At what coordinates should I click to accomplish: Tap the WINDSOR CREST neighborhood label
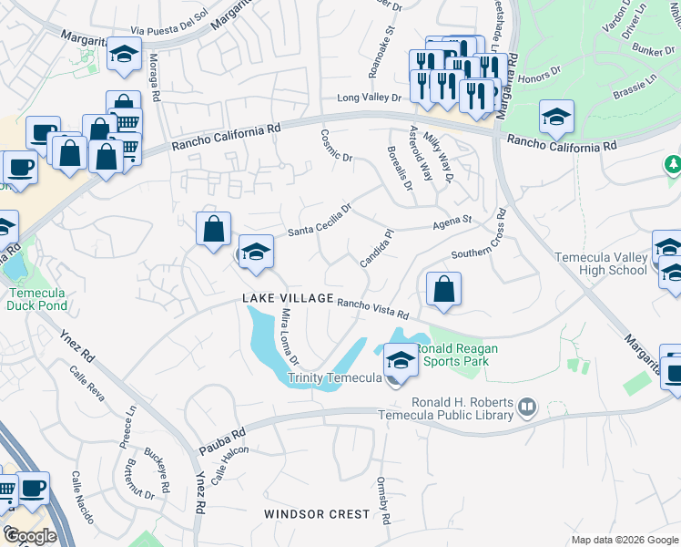click(317, 514)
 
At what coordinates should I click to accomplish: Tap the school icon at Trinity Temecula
click(400, 360)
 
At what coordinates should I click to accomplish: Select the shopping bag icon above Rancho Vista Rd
click(442, 290)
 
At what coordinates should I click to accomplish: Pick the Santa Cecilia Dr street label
click(320, 220)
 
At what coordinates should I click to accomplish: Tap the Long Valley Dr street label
click(369, 98)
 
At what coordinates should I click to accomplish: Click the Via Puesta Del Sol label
click(163, 27)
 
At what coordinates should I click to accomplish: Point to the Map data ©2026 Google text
click(625, 540)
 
